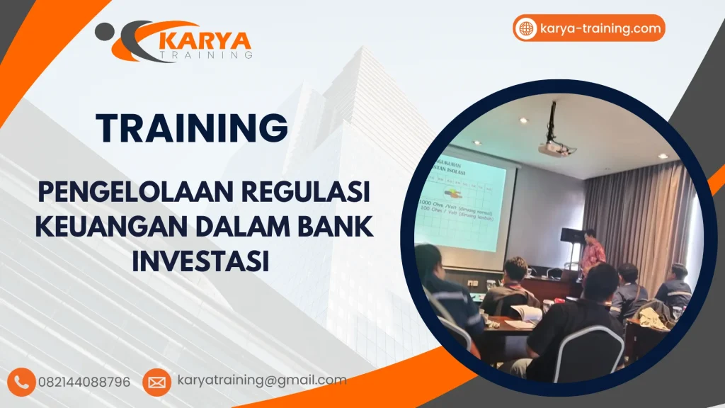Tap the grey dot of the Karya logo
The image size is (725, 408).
coord(105,30)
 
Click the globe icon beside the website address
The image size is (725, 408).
coord(526,28)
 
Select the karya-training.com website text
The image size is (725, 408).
coord(600,28)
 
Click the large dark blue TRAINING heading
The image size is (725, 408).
coord(193,127)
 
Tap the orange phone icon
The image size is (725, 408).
coord(23,382)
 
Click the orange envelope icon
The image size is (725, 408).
coord(156,382)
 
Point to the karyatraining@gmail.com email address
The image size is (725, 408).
coord(261,380)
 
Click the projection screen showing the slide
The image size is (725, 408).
coord(467,202)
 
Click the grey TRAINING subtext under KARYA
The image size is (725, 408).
coord(206,54)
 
